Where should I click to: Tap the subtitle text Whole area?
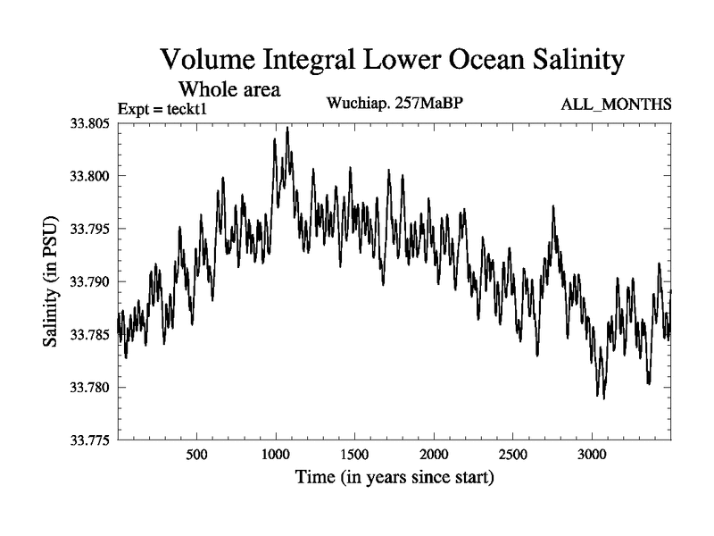point(230,89)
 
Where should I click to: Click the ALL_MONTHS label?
point(616,105)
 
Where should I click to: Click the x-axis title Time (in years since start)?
point(394,478)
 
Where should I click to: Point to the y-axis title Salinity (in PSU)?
point(52,281)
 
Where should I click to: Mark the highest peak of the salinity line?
point(287,128)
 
